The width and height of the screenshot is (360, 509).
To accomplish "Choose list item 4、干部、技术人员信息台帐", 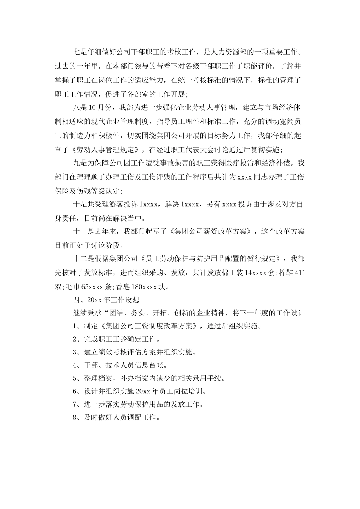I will coord(120,365).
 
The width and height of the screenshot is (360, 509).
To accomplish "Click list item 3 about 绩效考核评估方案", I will coord(135,352).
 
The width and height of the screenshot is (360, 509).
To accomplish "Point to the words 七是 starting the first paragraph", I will coord(80,52).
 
